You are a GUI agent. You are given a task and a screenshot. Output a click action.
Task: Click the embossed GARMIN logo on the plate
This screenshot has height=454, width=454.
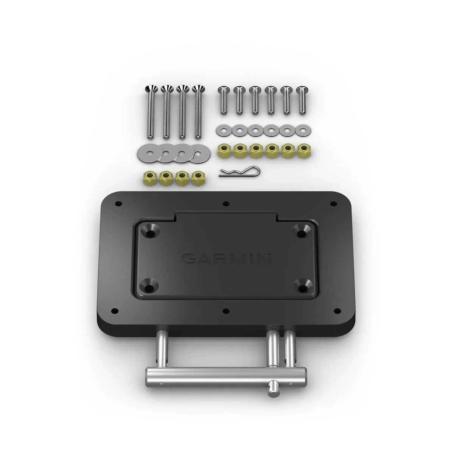tap(226, 259)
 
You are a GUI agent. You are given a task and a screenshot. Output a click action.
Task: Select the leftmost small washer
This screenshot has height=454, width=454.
tap(222, 131)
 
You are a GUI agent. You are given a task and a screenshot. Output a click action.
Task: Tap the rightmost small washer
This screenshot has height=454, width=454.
tap(302, 131)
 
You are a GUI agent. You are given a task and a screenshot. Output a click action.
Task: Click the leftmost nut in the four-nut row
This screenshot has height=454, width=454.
tap(149, 176)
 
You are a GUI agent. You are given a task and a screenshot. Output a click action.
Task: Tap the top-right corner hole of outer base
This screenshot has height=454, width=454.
tap(333, 204)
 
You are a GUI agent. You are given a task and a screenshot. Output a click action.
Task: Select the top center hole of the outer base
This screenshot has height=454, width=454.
tap(226, 203)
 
